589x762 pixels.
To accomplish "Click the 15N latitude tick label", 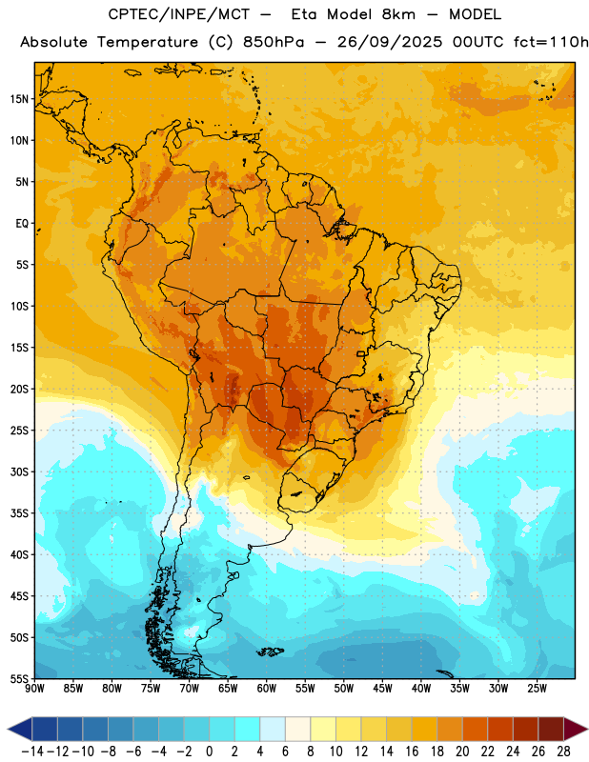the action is (x=19, y=99).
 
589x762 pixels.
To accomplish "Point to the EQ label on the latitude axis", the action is (x=22, y=224).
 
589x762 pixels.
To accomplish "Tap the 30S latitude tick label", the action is (x=19, y=471).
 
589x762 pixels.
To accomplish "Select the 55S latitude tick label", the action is (x=19, y=678).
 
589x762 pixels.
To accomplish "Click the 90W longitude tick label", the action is (x=34, y=689).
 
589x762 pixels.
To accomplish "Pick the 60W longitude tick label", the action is (x=267, y=689).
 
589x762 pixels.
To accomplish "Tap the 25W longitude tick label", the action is (x=537, y=689).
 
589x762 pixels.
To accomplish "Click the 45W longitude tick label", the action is (x=382, y=689).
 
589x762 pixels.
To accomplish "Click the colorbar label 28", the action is (x=563, y=752).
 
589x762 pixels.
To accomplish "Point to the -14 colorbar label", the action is (x=32, y=752).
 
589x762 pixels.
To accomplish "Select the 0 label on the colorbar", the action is (x=209, y=752).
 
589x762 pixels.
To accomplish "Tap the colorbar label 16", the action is (x=412, y=752).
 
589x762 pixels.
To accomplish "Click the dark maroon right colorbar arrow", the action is (x=575, y=729).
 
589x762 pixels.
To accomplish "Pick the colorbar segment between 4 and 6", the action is (x=273, y=729).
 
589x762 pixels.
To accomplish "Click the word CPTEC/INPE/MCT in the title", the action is (x=179, y=14).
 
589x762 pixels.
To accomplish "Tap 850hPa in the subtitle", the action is (x=274, y=42).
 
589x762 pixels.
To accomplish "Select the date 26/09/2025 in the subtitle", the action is (x=390, y=42).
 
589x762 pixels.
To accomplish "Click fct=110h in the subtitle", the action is (x=551, y=42).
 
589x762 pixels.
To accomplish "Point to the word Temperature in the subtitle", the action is (x=148, y=43).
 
